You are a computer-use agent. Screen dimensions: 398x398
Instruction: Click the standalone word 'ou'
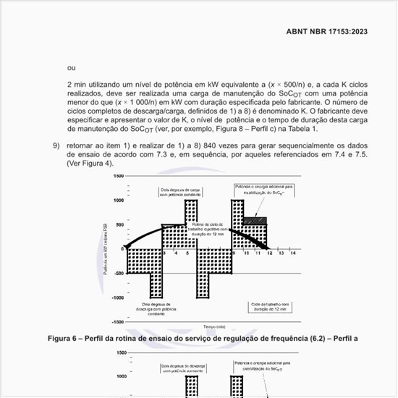[x=71, y=68]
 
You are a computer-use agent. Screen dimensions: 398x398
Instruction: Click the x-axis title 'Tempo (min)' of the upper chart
[x=215, y=326]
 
